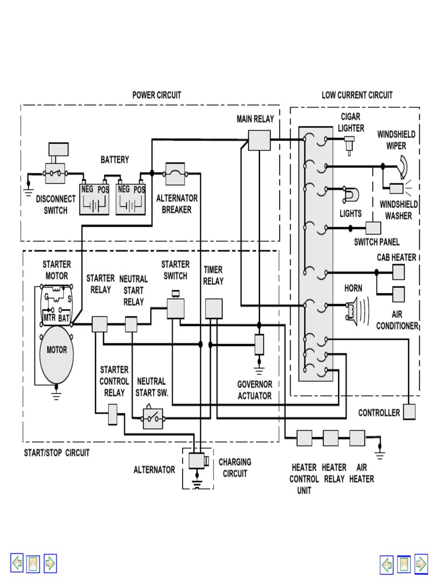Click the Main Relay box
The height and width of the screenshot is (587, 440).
(259, 140)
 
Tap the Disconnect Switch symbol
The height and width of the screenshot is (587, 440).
(56, 171)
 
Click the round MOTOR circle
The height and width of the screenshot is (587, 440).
(56, 350)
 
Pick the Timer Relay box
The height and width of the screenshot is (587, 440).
(214, 308)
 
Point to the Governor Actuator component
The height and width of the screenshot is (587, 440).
(259, 344)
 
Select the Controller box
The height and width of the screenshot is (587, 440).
(409, 412)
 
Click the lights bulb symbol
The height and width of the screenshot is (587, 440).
(348, 195)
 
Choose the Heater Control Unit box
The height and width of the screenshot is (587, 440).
(304, 439)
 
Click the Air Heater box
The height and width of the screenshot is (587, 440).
(357, 439)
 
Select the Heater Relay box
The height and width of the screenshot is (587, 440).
(331, 439)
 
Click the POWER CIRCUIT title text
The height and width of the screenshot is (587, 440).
(156, 95)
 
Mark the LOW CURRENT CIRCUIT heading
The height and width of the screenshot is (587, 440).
(357, 95)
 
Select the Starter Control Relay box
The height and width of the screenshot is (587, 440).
(113, 414)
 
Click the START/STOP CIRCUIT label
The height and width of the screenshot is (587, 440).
(57, 453)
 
